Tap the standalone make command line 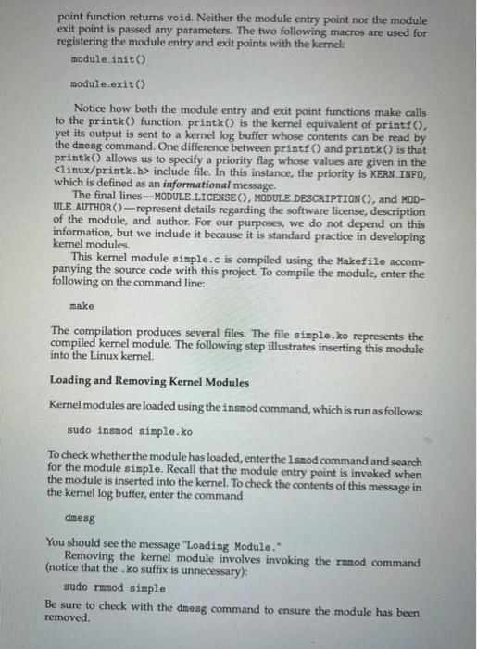[x=82, y=306]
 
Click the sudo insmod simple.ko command [x=130, y=431]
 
